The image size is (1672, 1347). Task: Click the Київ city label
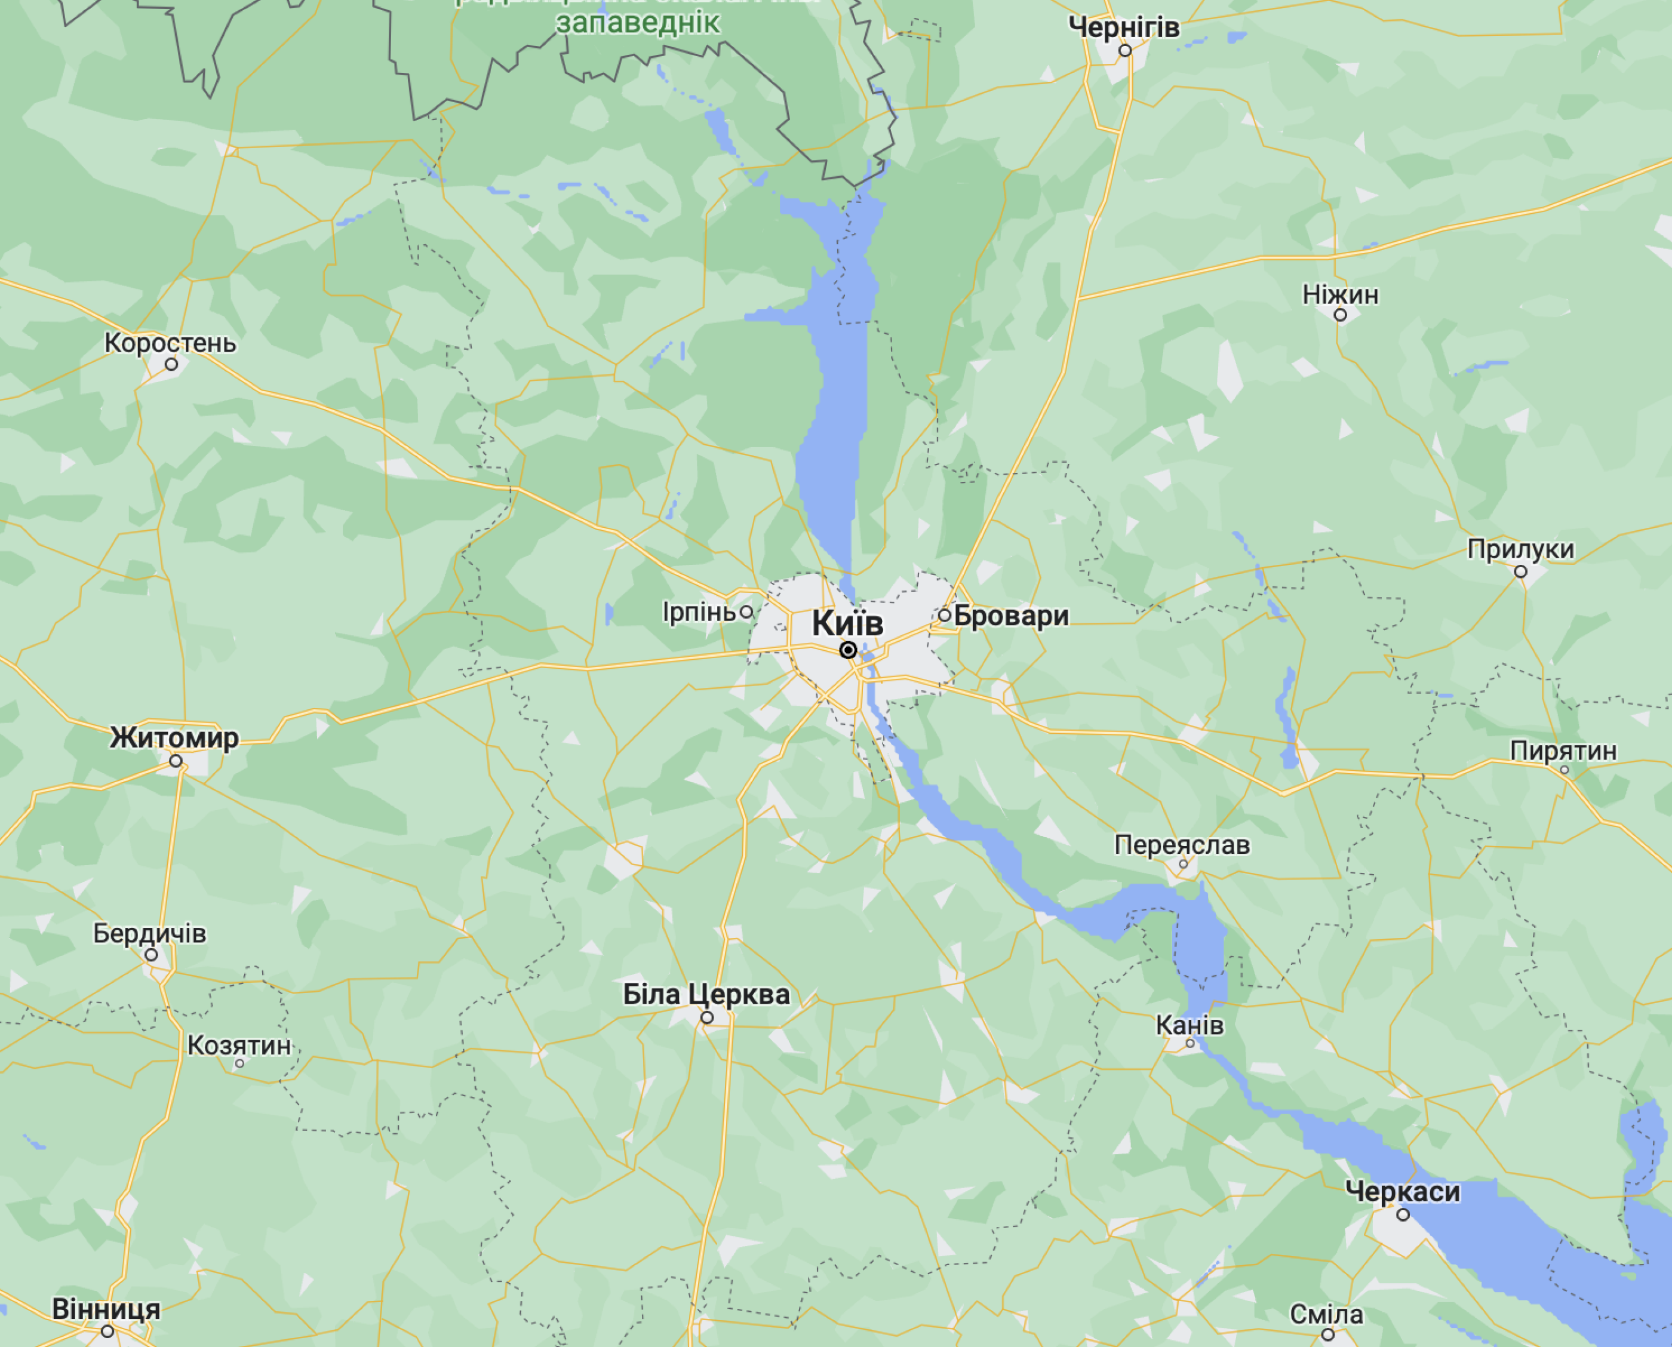click(847, 624)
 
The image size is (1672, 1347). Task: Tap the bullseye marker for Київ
click(848, 650)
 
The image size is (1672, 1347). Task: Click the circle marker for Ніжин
click(1340, 315)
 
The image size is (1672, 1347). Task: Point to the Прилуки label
click(1521, 549)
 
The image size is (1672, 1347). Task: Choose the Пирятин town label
click(1563, 751)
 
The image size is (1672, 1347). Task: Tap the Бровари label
click(1011, 616)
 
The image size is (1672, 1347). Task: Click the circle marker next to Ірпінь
click(746, 612)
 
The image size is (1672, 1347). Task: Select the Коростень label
click(171, 343)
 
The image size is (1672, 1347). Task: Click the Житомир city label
click(174, 738)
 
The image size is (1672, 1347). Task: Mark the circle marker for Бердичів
click(151, 955)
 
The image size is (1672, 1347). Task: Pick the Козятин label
click(239, 1046)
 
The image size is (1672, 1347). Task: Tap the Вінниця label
click(106, 1310)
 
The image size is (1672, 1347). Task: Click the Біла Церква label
click(706, 995)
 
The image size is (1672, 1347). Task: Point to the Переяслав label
click(1182, 845)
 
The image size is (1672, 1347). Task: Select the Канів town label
click(1190, 1026)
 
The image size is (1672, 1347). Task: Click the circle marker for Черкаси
click(1403, 1215)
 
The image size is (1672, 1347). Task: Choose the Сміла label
click(1326, 1314)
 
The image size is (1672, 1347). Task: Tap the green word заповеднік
click(638, 23)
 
